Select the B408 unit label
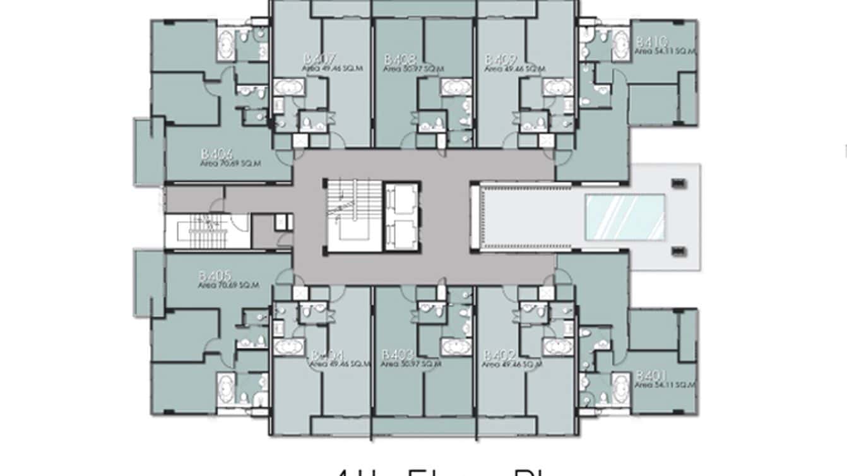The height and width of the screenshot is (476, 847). pos(400,59)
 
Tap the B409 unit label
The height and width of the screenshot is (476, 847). pos(500,59)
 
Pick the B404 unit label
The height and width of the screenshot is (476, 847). pos(326,355)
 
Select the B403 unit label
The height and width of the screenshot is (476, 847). pos(398,355)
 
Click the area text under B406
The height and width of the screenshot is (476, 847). pos(230,163)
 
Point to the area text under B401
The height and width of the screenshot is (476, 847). pos(665,384)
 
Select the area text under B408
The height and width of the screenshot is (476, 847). pos(412,68)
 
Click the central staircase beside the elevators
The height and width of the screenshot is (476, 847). pos(353,217)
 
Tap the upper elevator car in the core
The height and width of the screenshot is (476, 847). pos(401,201)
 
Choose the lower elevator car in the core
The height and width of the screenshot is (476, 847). pos(401,234)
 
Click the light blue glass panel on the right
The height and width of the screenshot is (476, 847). pos(625,217)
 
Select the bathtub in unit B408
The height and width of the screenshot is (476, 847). pos(456,87)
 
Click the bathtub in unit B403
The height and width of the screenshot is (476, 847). pos(456,347)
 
